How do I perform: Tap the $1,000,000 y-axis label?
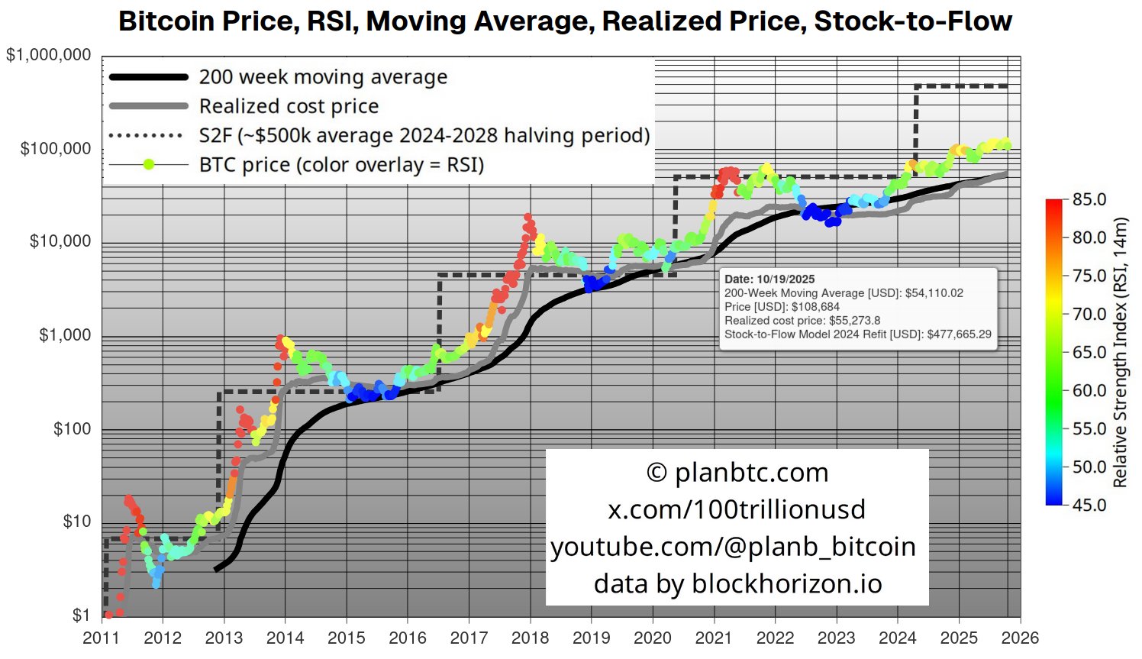[x=48, y=55]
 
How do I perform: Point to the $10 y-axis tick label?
[x=76, y=522]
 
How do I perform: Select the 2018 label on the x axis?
[x=531, y=638]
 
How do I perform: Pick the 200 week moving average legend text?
[x=323, y=77]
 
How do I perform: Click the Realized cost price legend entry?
[x=289, y=106]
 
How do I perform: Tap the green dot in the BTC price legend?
[x=149, y=164]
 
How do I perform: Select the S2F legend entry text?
[x=424, y=135]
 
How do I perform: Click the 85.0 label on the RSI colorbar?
[x=1089, y=199]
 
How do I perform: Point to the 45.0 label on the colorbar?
[x=1089, y=505]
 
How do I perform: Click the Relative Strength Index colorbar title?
[x=1120, y=352]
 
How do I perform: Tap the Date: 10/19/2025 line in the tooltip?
[x=769, y=279]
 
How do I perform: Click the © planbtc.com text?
[x=737, y=473]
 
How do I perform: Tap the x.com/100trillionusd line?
[x=737, y=509]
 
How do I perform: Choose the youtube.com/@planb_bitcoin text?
[x=733, y=547]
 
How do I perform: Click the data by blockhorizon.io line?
[x=737, y=583]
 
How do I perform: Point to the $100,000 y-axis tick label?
[x=56, y=148]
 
